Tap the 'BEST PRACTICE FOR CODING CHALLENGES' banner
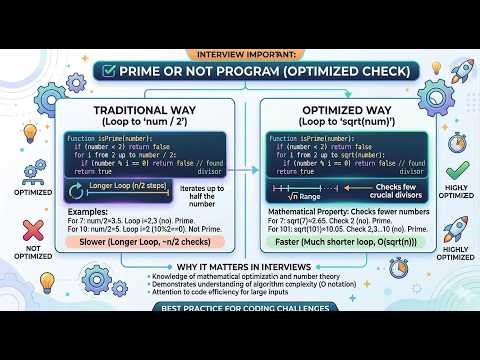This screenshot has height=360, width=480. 240,337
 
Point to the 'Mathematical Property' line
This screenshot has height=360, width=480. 340,214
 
